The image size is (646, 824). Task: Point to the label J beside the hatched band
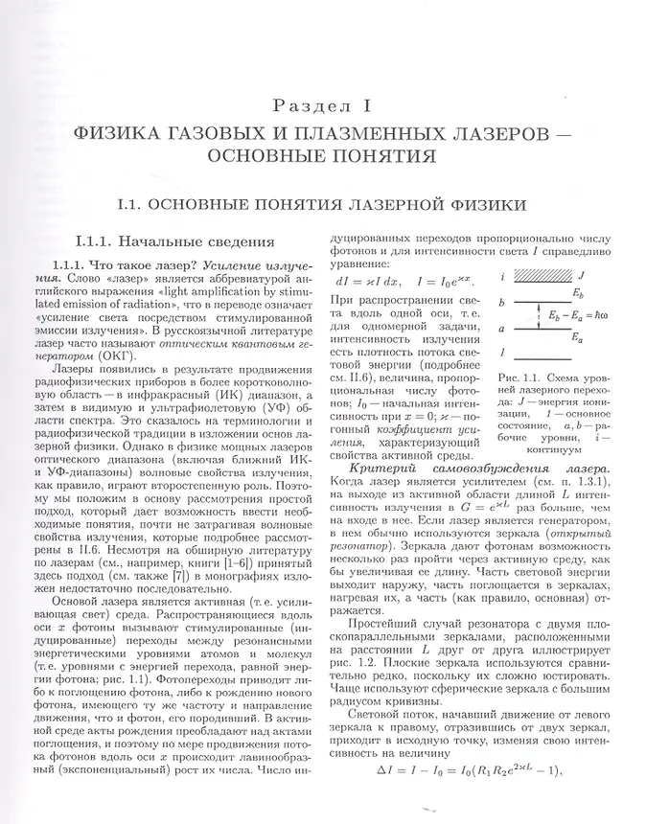(583, 276)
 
